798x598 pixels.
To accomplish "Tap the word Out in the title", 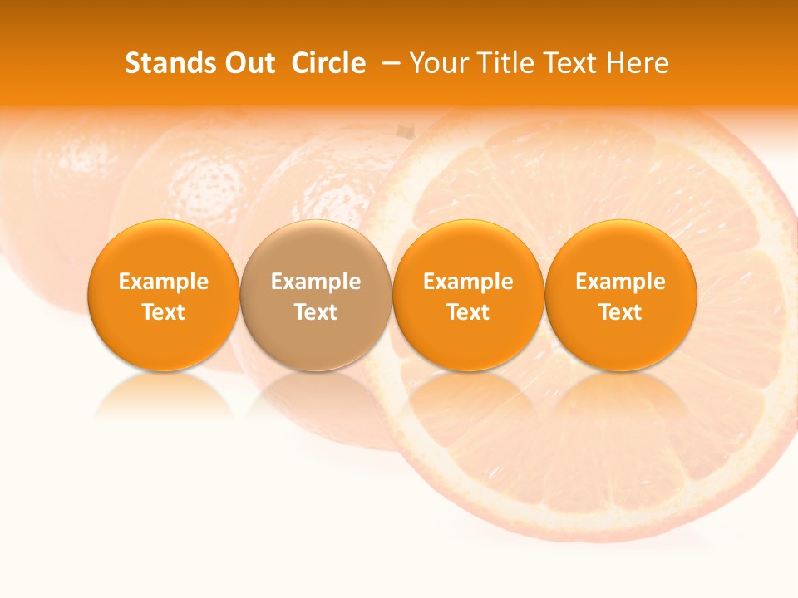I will pos(249,63).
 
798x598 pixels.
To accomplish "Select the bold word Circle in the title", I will pos(328,63).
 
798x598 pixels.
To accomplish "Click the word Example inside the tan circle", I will pos(316,282).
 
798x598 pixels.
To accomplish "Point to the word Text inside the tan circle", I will pos(316,312).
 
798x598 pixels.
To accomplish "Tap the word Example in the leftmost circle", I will pos(164,282).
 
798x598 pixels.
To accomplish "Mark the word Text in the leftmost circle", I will pos(164,312).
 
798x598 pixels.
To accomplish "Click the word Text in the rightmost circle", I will pos(621,312).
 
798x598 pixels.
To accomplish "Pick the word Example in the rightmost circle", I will pos(621,282).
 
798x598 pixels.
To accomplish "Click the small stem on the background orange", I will pos(405,131).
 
